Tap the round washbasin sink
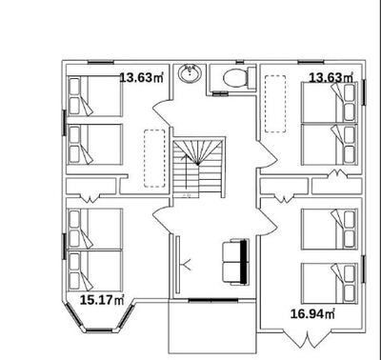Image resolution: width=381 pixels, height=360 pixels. tap(190, 73)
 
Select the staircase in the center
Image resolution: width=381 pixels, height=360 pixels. tap(199, 168)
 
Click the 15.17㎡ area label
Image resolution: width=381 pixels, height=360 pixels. tap(102, 300)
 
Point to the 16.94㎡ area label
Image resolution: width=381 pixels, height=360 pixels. tap(312, 314)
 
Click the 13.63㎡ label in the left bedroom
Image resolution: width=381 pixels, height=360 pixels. tap(141, 77)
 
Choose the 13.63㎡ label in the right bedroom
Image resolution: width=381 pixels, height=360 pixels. tap(331, 77)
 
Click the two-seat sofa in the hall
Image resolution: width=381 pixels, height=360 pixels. tap(235, 262)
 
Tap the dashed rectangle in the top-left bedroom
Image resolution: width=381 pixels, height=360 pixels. tap(154, 158)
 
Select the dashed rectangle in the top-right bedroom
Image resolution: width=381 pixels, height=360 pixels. tap(275, 104)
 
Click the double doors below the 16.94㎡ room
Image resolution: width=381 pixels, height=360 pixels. tap(307, 340)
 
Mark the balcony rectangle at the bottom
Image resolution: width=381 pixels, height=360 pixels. tap(211, 327)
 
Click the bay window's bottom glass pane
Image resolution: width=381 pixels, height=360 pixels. tap(99, 330)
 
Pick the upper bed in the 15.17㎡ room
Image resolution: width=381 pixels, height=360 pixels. tap(94, 229)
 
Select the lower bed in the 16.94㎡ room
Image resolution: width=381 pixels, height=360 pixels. tap(330, 283)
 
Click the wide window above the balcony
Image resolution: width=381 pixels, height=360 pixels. tap(213, 300)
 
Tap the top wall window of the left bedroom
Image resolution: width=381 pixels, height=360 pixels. tap(100, 62)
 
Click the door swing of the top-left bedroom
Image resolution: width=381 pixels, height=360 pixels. tap(162, 112)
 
